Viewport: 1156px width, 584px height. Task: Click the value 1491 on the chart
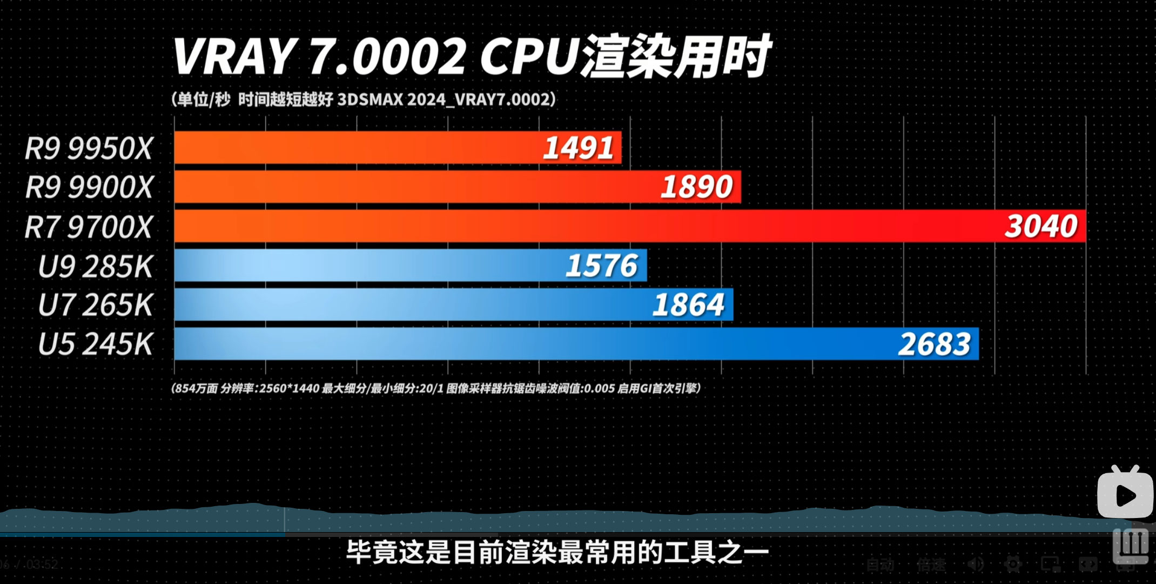tap(579, 148)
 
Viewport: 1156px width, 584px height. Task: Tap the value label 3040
tap(1041, 227)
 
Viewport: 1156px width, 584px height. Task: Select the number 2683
tap(934, 344)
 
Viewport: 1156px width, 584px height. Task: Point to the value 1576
tap(602, 266)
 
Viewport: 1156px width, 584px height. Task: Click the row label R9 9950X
tap(89, 148)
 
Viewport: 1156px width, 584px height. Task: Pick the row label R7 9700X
tap(89, 227)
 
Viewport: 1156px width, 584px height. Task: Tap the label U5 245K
tap(96, 344)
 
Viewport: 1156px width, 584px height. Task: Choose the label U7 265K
tap(96, 305)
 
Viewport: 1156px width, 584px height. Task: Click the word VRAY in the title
tap(234, 56)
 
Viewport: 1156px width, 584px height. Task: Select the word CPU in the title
tap(529, 56)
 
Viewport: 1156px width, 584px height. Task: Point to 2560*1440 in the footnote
tap(289, 389)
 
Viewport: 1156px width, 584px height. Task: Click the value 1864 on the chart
tap(688, 305)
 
